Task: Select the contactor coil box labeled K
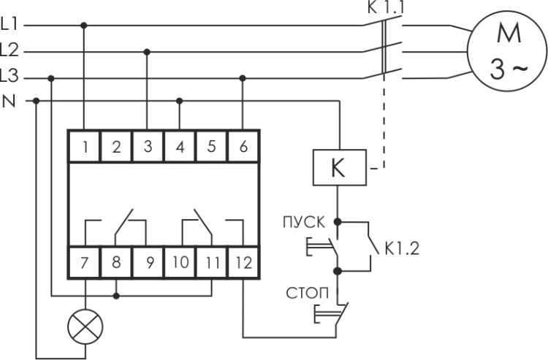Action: pyautogui.click(x=337, y=168)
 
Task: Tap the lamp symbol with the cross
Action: pyautogui.click(x=85, y=327)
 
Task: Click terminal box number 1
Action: pyautogui.click(x=85, y=146)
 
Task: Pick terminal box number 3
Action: pyautogui.click(x=148, y=146)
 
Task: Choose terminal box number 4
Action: pyautogui.click(x=180, y=146)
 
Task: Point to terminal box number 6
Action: pyautogui.click(x=243, y=146)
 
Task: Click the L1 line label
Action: pyautogui.click(x=10, y=25)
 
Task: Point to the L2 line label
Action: pyautogui.click(x=10, y=50)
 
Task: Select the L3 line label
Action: pyautogui.click(x=10, y=77)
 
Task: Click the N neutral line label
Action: pyautogui.click(x=9, y=101)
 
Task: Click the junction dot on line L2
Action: pyautogui.click(x=148, y=51)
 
